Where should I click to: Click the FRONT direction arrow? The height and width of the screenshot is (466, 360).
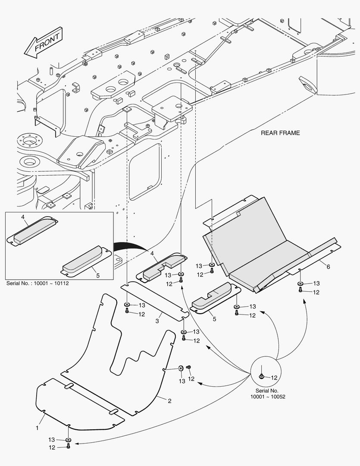(43, 42)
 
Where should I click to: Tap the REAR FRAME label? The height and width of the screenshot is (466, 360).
(280, 133)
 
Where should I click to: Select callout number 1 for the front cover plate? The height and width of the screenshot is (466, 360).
(37, 428)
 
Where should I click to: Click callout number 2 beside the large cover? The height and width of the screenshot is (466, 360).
(169, 401)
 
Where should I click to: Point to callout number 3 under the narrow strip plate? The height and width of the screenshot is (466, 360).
(157, 321)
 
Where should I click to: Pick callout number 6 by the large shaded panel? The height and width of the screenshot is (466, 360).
(328, 267)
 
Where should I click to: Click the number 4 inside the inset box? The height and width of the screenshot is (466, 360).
(23, 217)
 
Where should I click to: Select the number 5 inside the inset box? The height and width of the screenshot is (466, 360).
(98, 275)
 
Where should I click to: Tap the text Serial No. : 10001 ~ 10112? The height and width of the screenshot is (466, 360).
(38, 283)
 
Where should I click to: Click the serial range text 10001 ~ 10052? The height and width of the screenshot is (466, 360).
(268, 397)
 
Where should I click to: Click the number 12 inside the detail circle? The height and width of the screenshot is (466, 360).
(274, 378)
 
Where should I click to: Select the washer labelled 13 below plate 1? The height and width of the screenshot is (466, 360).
(68, 440)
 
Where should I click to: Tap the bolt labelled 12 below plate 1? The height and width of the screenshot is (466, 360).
(69, 446)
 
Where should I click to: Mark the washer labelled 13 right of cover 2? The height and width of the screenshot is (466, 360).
(181, 368)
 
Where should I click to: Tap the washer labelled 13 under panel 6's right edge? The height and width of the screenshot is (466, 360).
(301, 284)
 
